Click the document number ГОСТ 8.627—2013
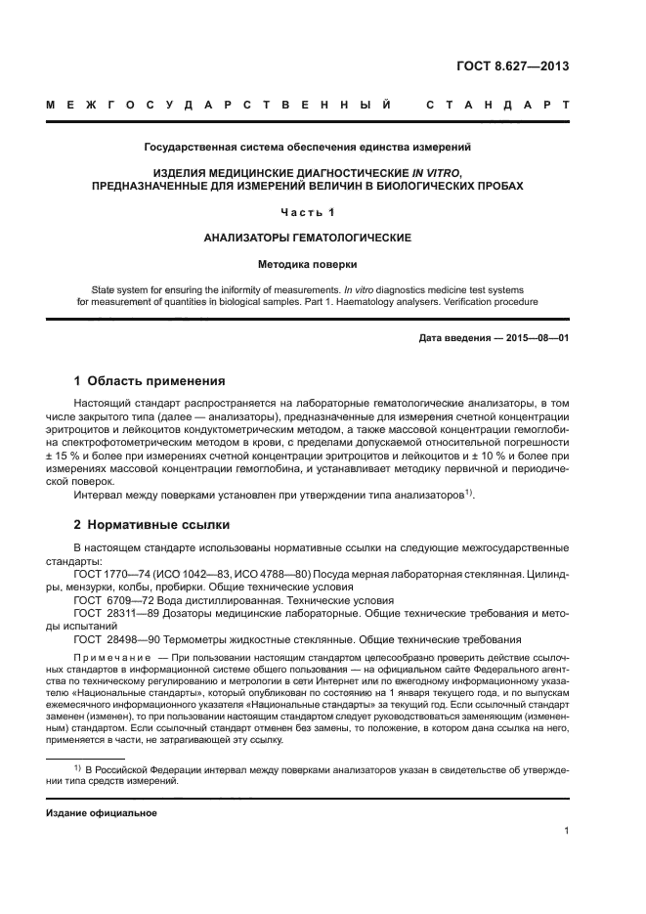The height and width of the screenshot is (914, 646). click(x=512, y=66)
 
